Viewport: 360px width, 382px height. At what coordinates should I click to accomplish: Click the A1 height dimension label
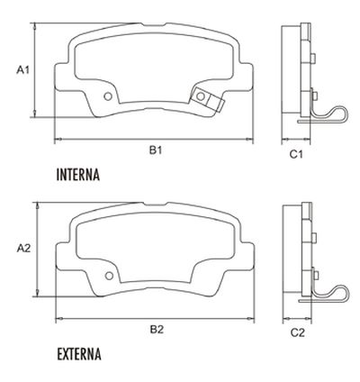[x=23, y=69]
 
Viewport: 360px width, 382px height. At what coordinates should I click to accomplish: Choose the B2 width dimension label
[x=155, y=329]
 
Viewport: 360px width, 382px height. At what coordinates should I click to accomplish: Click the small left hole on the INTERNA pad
[x=109, y=97]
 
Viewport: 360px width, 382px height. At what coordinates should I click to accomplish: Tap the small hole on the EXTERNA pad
[x=109, y=276]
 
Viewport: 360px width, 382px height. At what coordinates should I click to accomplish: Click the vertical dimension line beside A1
[x=36, y=69]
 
